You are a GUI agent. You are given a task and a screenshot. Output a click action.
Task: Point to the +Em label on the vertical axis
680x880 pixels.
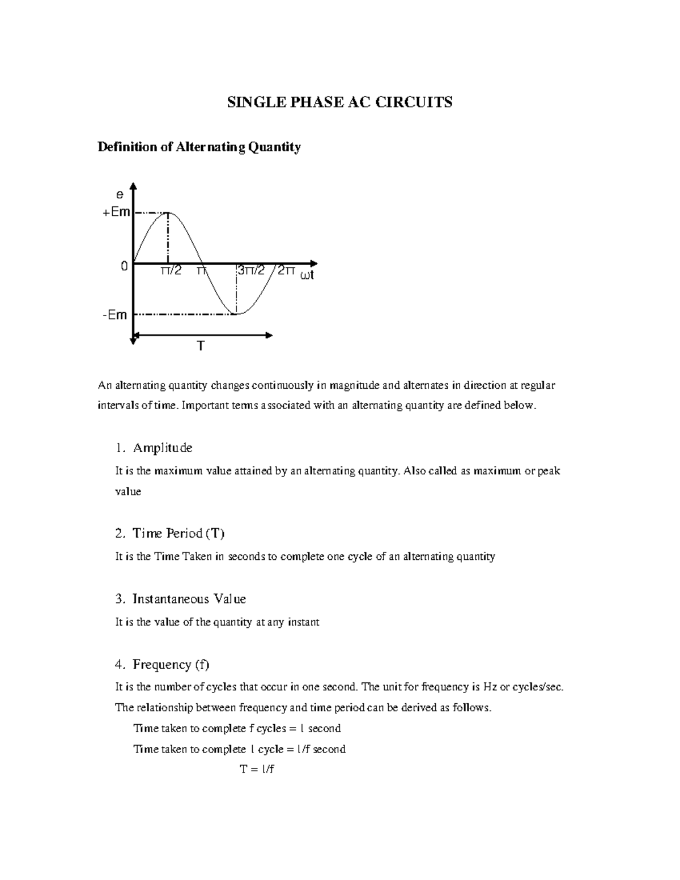click(x=116, y=212)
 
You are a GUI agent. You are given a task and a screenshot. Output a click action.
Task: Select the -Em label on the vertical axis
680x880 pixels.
click(x=115, y=314)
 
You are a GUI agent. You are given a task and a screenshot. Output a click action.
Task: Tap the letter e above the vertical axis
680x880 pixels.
click(x=120, y=195)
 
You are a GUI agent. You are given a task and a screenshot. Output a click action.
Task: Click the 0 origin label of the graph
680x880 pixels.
click(x=124, y=265)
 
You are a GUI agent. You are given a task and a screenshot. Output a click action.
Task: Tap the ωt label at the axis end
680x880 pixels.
click(x=307, y=275)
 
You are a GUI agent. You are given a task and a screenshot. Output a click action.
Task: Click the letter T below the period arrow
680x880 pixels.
click(x=200, y=346)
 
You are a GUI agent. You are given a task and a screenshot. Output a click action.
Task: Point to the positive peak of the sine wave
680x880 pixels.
click(x=168, y=212)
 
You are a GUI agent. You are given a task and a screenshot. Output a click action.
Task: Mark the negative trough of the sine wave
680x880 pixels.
click(x=237, y=313)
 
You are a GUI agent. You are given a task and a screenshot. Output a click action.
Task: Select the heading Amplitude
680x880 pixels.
click(x=163, y=448)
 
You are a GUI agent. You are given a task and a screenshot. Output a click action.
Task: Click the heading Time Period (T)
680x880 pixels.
click(x=178, y=533)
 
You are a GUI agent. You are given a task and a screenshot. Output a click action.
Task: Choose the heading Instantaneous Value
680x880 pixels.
click(x=189, y=599)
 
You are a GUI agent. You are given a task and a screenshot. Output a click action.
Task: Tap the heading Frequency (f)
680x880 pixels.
click(x=171, y=664)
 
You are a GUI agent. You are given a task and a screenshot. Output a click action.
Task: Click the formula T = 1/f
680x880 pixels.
click(x=257, y=769)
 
